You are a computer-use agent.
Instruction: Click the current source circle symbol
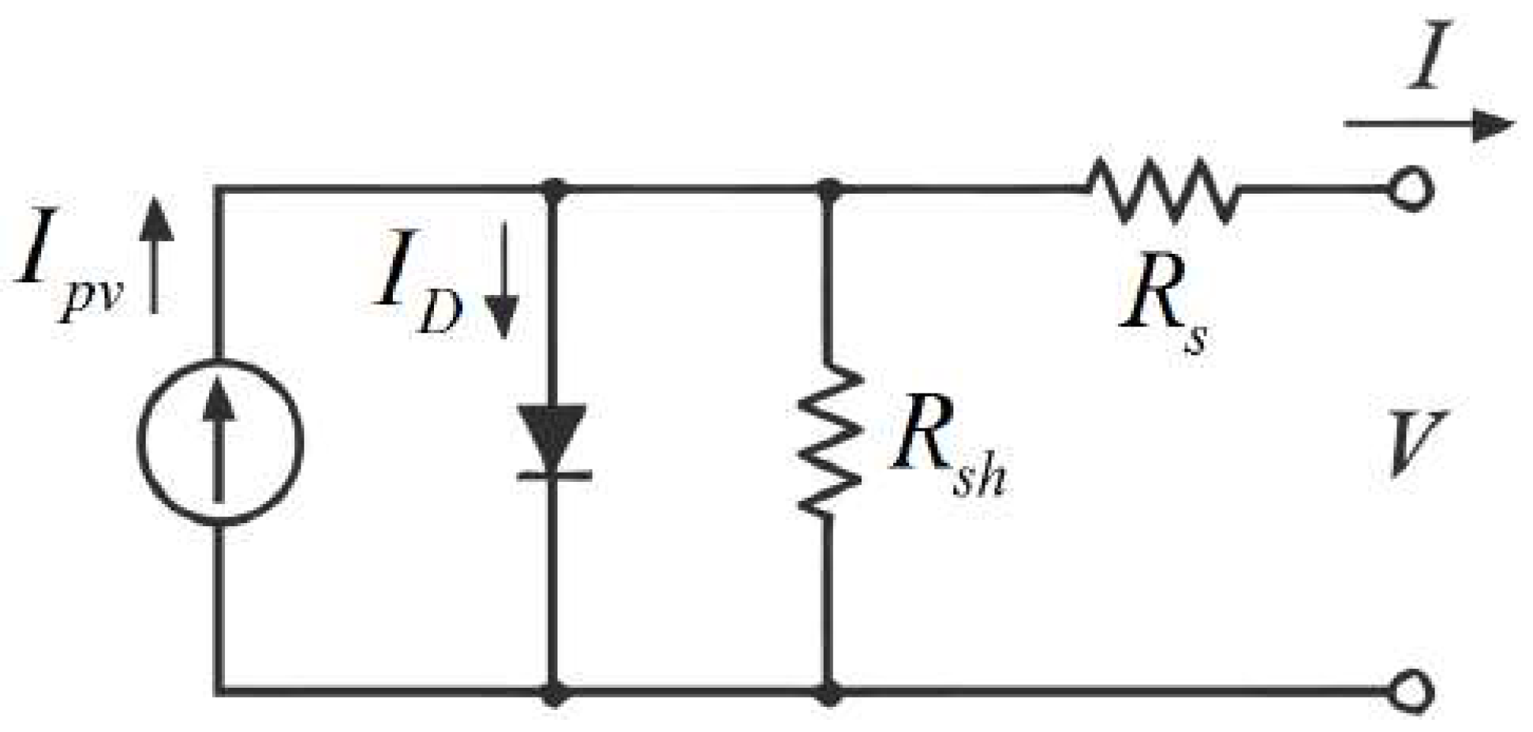coord(220,442)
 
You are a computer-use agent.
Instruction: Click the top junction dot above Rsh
coord(829,188)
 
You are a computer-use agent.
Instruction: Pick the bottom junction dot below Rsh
coord(829,693)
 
